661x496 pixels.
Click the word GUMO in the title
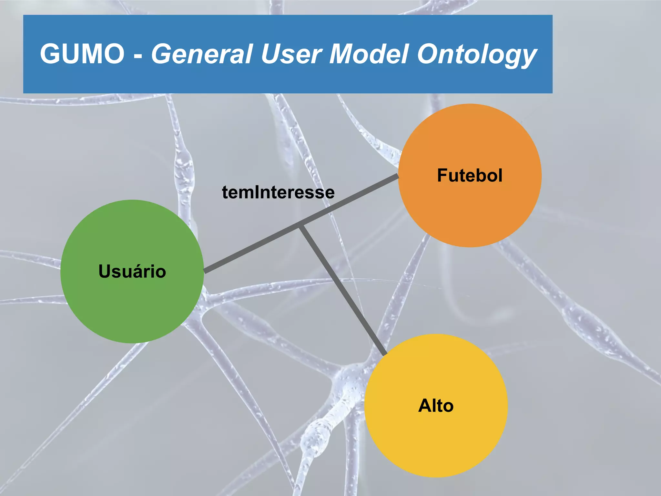82,54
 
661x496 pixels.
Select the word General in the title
202,54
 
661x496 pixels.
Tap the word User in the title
291,54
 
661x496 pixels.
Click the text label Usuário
132,271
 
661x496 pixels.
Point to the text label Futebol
470,175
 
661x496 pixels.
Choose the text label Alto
436,406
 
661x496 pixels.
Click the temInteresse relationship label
278,192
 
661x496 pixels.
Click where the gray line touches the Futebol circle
397,176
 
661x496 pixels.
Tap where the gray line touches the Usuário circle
205,271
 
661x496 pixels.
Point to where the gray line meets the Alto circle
385,355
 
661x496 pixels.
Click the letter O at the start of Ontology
428,54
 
